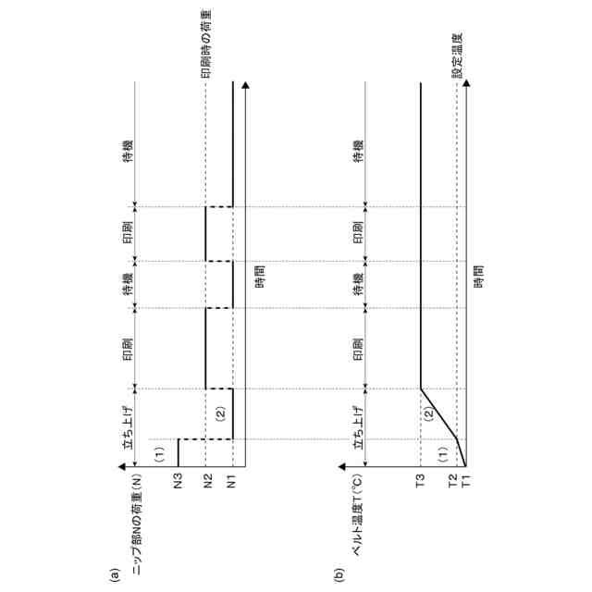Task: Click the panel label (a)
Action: tap(115, 573)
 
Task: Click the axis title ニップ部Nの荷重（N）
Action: tap(137, 527)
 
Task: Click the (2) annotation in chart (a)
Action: tap(220, 413)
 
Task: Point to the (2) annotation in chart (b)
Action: tap(427, 413)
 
